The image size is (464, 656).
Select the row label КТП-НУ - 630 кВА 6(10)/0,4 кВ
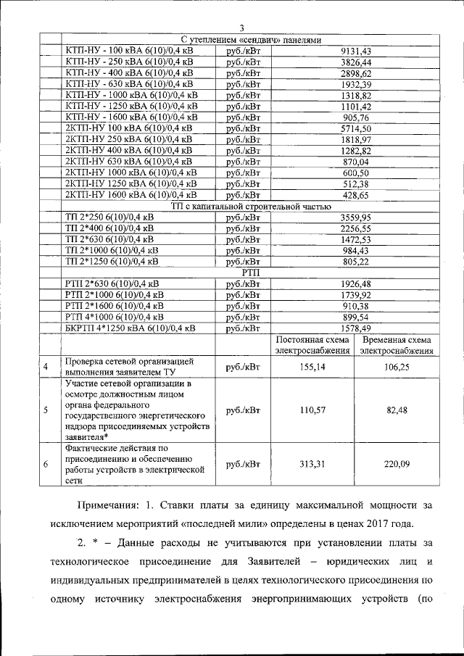pos(130,84)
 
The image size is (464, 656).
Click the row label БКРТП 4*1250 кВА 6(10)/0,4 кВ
pos(130,328)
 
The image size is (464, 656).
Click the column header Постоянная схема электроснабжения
pos(312,345)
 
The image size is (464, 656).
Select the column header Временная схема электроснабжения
pos(397,345)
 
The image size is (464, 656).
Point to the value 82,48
pos(397,410)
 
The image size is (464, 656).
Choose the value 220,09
pos(397,465)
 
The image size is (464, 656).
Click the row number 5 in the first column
pos(46,410)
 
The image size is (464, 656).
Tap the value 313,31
pos(312,465)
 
